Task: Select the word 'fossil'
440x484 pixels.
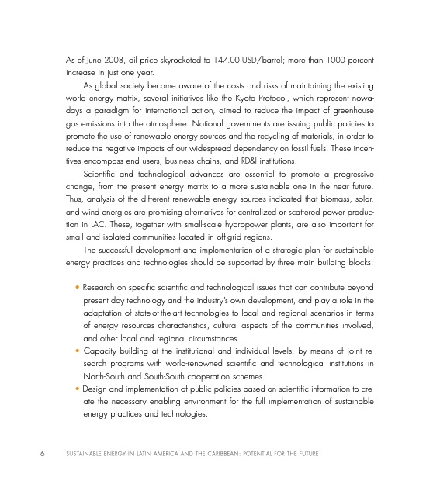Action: point(306,154)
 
